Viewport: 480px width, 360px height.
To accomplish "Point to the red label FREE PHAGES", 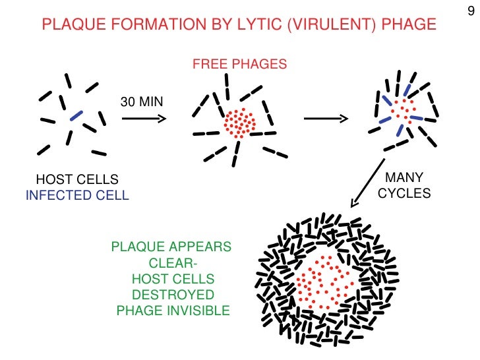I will (239, 65).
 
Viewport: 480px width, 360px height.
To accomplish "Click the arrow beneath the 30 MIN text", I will (144, 119).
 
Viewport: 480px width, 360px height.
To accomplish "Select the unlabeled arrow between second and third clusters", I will (324, 119).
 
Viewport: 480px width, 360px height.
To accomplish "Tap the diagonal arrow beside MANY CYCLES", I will (368, 181).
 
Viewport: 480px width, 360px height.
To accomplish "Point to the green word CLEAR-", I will (172, 262).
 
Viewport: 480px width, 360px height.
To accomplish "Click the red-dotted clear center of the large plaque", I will (322, 280).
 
